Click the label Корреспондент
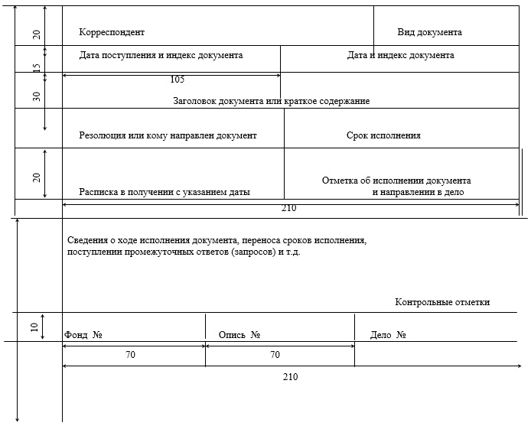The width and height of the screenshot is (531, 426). (x=112, y=32)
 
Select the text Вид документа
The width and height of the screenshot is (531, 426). (x=429, y=32)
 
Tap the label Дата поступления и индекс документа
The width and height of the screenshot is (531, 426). (x=161, y=55)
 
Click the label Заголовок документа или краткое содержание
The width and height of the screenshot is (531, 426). (x=272, y=101)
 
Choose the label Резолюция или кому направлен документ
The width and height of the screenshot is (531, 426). (x=168, y=135)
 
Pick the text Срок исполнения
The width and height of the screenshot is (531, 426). (x=383, y=135)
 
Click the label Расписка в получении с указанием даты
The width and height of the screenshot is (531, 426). (x=165, y=192)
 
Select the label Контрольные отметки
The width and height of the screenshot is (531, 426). (x=442, y=302)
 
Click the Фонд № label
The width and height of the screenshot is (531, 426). (x=84, y=335)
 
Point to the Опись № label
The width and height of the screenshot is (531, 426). (x=239, y=335)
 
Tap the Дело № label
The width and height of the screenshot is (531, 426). (x=387, y=335)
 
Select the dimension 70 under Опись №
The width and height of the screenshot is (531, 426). (x=275, y=355)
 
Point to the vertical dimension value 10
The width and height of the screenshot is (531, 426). (x=34, y=327)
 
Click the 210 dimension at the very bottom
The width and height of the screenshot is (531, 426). (x=290, y=377)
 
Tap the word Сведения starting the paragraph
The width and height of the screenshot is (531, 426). (x=86, y=240)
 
